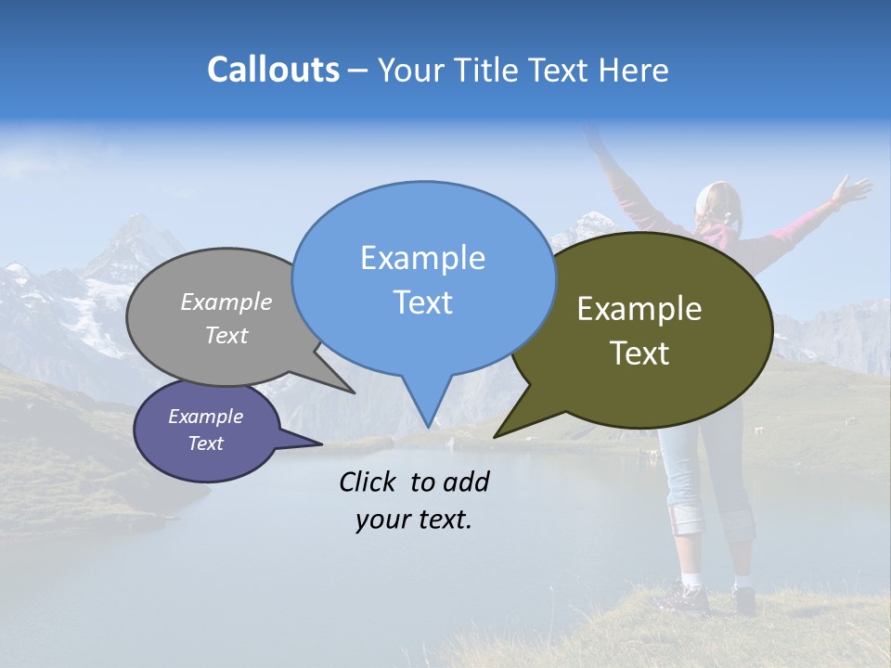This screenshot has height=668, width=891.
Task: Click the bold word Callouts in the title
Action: click(x=273, y=70)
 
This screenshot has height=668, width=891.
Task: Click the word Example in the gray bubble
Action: click(x=226, y=302)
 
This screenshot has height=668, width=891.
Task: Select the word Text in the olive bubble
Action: click(x=640, y=353)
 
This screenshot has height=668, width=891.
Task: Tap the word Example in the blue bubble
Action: click(x=422, y=257)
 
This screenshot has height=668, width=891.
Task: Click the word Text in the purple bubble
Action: click(x=206, y=443)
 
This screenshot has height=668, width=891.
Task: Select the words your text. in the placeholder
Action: click(x=414, y=520)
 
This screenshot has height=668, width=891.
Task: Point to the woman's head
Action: click(x=718, y=204)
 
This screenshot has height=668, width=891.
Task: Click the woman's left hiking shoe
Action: click(x=687, y=598)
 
